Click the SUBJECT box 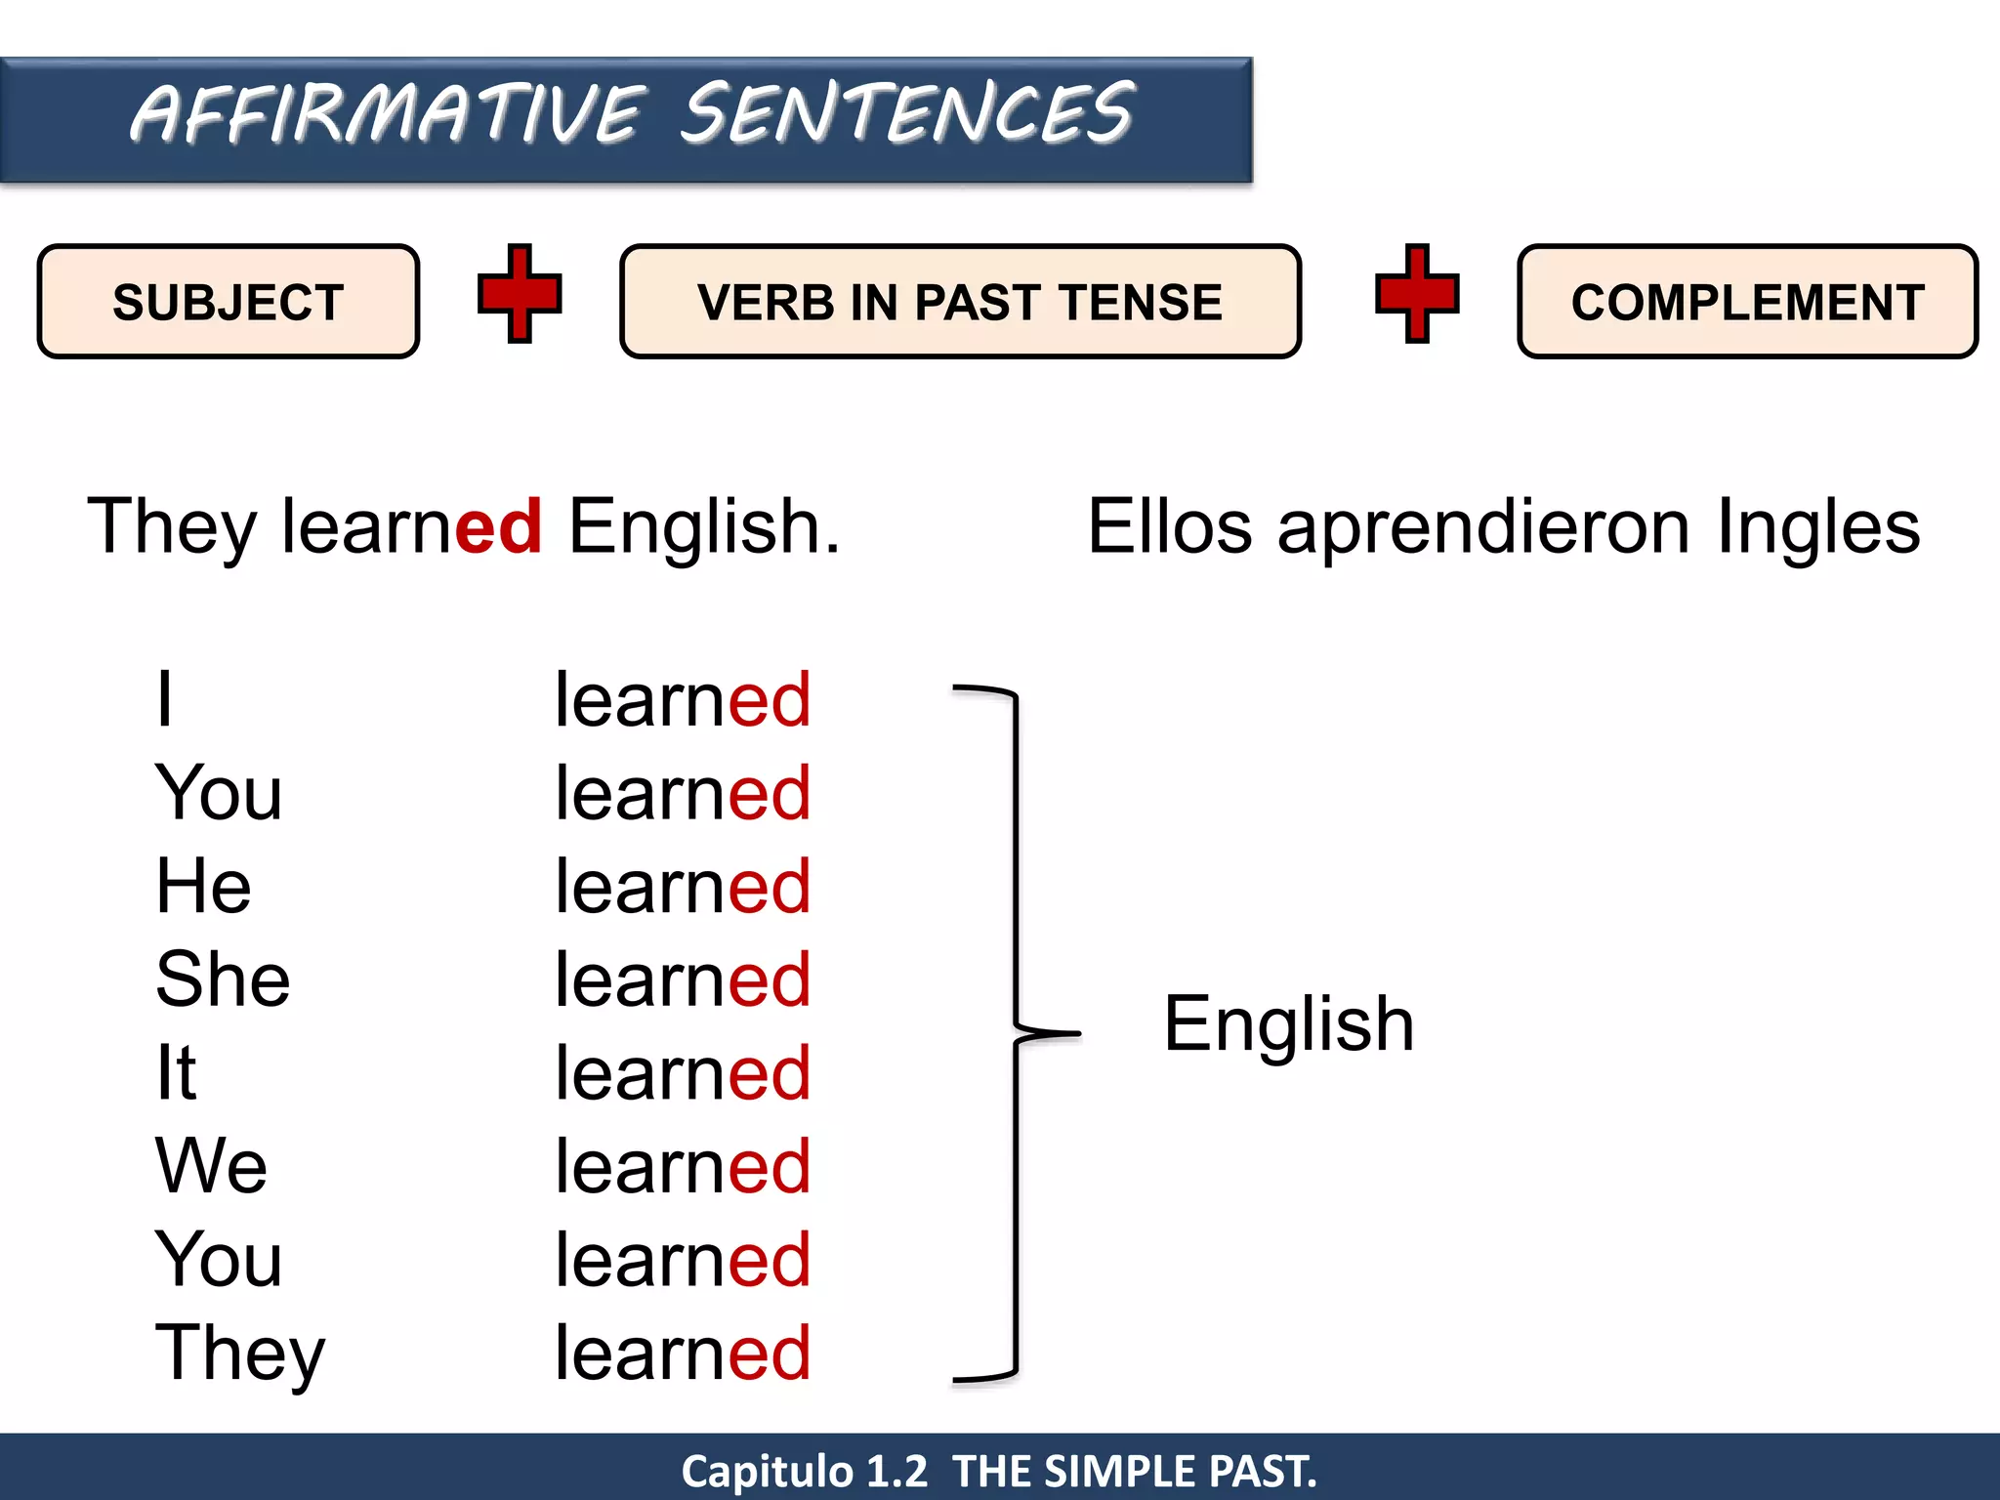228,302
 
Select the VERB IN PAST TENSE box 960,302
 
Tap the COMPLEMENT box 1747,302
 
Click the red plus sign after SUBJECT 520,294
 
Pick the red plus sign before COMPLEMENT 1417,294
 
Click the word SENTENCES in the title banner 907,113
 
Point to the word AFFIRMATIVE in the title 388,115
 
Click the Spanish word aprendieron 1483,527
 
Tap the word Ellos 1169,527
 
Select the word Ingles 1818,527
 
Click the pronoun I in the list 165,699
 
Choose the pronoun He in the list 203,886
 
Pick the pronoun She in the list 223,979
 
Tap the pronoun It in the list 176,1072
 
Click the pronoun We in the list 211,1166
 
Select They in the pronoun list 239,1354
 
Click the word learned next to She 683,979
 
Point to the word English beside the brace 1288,1023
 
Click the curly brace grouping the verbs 1016,1033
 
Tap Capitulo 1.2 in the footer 804,1471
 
